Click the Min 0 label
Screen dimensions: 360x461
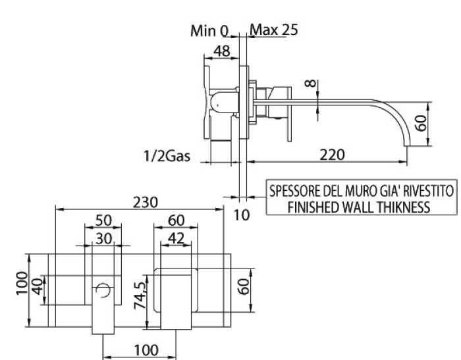click(209, 30)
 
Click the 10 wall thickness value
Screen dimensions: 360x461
click(242, 215)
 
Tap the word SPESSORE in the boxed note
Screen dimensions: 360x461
click(294, 192)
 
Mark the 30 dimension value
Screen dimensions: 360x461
click(103, 238)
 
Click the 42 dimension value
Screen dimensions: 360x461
click(175, 238)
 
